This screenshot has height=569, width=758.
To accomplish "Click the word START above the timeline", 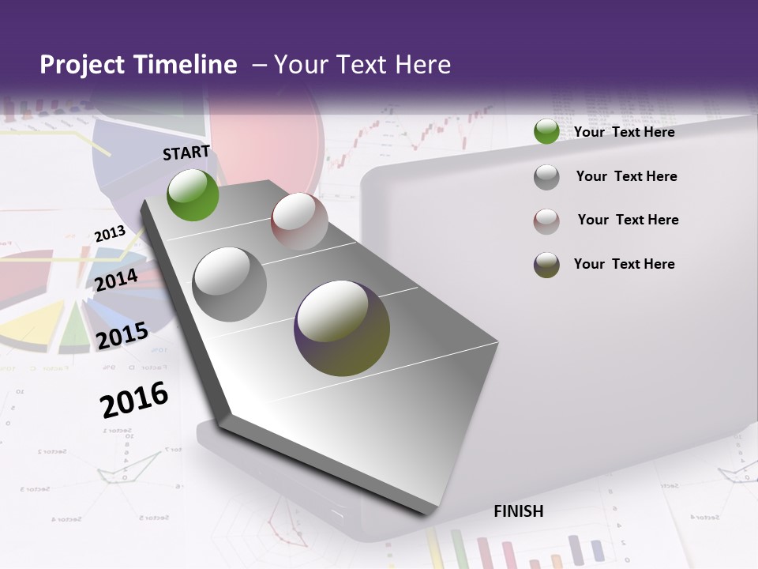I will pos(186,153).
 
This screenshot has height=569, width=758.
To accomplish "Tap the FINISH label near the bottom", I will pos(518,511).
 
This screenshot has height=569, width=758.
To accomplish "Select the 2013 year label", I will pos(110,234).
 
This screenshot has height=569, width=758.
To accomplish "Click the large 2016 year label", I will pos(134,400).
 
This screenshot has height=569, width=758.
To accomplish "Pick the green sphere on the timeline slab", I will pos(193,194).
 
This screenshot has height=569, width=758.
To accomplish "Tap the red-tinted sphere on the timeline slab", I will pos(299,221).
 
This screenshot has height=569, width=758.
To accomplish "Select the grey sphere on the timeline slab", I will pos(229,284).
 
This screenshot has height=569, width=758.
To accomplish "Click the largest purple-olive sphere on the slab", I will pos(342,328).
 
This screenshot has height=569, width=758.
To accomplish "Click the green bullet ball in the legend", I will pos(546,132).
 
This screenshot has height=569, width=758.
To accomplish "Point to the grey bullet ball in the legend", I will pos(546,177).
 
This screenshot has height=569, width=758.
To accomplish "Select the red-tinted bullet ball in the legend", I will pos(546,221).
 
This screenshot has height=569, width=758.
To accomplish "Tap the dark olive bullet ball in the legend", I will pos(546,265).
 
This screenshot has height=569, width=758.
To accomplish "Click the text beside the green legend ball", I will pos(624,132).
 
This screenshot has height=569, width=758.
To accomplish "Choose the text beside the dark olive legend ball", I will pos(624,264).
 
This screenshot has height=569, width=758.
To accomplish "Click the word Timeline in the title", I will pos(186,65).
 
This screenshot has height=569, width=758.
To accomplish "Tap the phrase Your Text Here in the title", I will pos(362,65).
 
